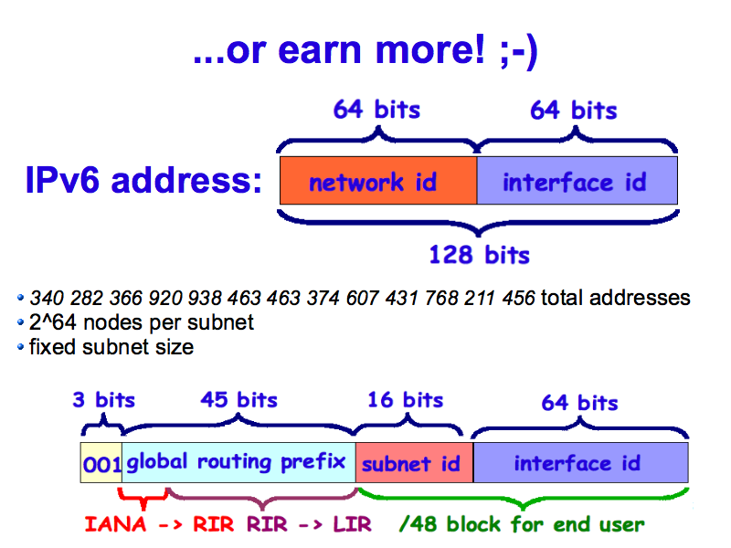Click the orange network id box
coord(377,181)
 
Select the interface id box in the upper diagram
coord(577,181)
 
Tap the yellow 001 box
coord(101,463)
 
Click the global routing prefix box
coord(238,462)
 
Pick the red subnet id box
coord(413,463)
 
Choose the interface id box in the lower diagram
coord(580,463)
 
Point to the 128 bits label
coord(479,253)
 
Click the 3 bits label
coord(103,400)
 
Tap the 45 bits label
coord(238,400)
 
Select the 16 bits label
coord(405,400)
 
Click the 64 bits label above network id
coord(376,110)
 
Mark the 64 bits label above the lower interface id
coord(579,402)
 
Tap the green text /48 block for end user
coord(522,525)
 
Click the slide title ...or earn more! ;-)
coord(365,52)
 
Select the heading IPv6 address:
coord(143,181)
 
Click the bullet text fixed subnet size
coord(111,347)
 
